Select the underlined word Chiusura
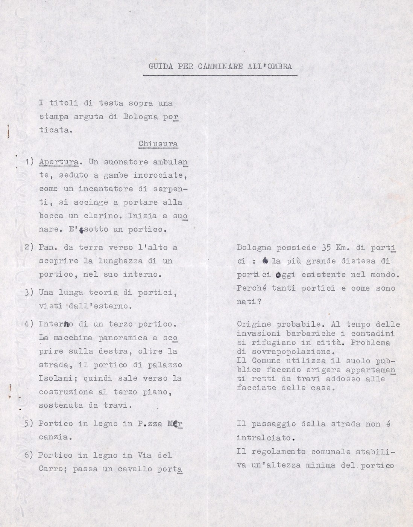[158, 144]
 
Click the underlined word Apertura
[59, 162]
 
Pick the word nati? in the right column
[249, 302]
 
